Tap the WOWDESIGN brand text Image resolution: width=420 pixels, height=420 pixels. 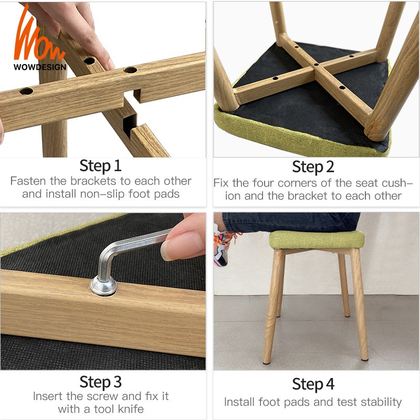click(x=40, y=67)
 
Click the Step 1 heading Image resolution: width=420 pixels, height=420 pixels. click(x=100, y=166)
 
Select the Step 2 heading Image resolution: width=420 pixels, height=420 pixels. click(x=313, y=167)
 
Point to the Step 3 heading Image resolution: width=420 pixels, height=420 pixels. click(x=100, y=382)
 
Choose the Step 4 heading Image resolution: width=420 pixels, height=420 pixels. click(x=313, y=384)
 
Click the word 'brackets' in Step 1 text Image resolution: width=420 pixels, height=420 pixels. click(x=93, y=181)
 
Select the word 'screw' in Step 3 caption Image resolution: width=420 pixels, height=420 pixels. click(x=101, y=396)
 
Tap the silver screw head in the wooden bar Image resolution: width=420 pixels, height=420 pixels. click(x=103, y=286)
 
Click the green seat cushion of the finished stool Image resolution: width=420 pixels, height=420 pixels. click(x=317, y=240)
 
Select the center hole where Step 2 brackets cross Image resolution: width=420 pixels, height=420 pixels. click(x=316, y=65)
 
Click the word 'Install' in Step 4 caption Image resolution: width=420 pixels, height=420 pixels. click(x=239, y=402)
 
